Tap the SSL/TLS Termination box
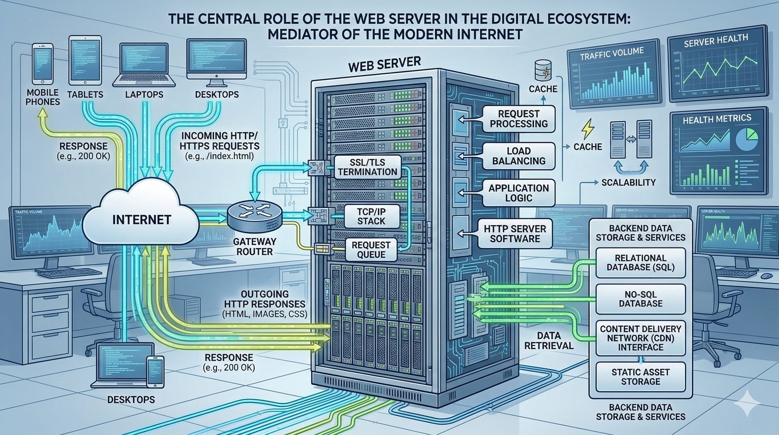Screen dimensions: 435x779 (368, 167)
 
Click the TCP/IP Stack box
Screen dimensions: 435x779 (371, 215)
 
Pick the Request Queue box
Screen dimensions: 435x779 (371, 249)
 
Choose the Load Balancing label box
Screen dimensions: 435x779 (519, 156)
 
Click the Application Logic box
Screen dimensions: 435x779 (519, 193)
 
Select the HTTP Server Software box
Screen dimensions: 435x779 (515, 233)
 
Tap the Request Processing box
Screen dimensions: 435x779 (519, 119)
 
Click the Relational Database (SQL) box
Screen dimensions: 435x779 (640, 263)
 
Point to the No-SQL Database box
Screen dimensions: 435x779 (640, 299)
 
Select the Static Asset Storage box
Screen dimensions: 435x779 (640, 377)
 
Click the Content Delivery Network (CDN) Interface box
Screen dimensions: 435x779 (640, 338)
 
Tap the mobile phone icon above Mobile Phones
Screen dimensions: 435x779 (42, 63)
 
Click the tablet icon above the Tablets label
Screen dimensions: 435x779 (85, 59)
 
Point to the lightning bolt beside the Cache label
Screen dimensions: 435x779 (588, 129)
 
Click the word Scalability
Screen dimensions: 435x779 (629, 183)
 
